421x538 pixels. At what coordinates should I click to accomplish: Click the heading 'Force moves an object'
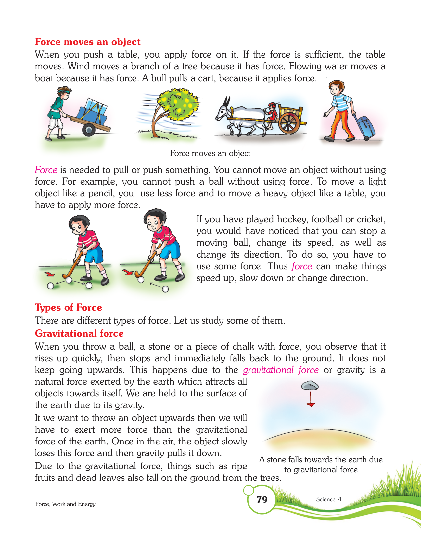point(88,42)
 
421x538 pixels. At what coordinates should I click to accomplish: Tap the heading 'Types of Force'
point(68,307)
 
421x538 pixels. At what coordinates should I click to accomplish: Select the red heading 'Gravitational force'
point(79,333)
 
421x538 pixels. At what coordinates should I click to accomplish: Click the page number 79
point(262,499)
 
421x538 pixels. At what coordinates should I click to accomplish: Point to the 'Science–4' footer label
point(328,499)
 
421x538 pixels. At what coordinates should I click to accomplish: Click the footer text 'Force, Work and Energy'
point(65,504)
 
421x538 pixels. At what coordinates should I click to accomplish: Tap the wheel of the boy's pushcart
point(89,130)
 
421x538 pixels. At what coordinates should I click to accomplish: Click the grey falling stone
point(310,386)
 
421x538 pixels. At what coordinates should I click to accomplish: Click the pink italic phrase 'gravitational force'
point(281,370)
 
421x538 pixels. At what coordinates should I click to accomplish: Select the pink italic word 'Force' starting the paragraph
point(46,170)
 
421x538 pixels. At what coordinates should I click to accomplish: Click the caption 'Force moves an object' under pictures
point(210,153)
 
